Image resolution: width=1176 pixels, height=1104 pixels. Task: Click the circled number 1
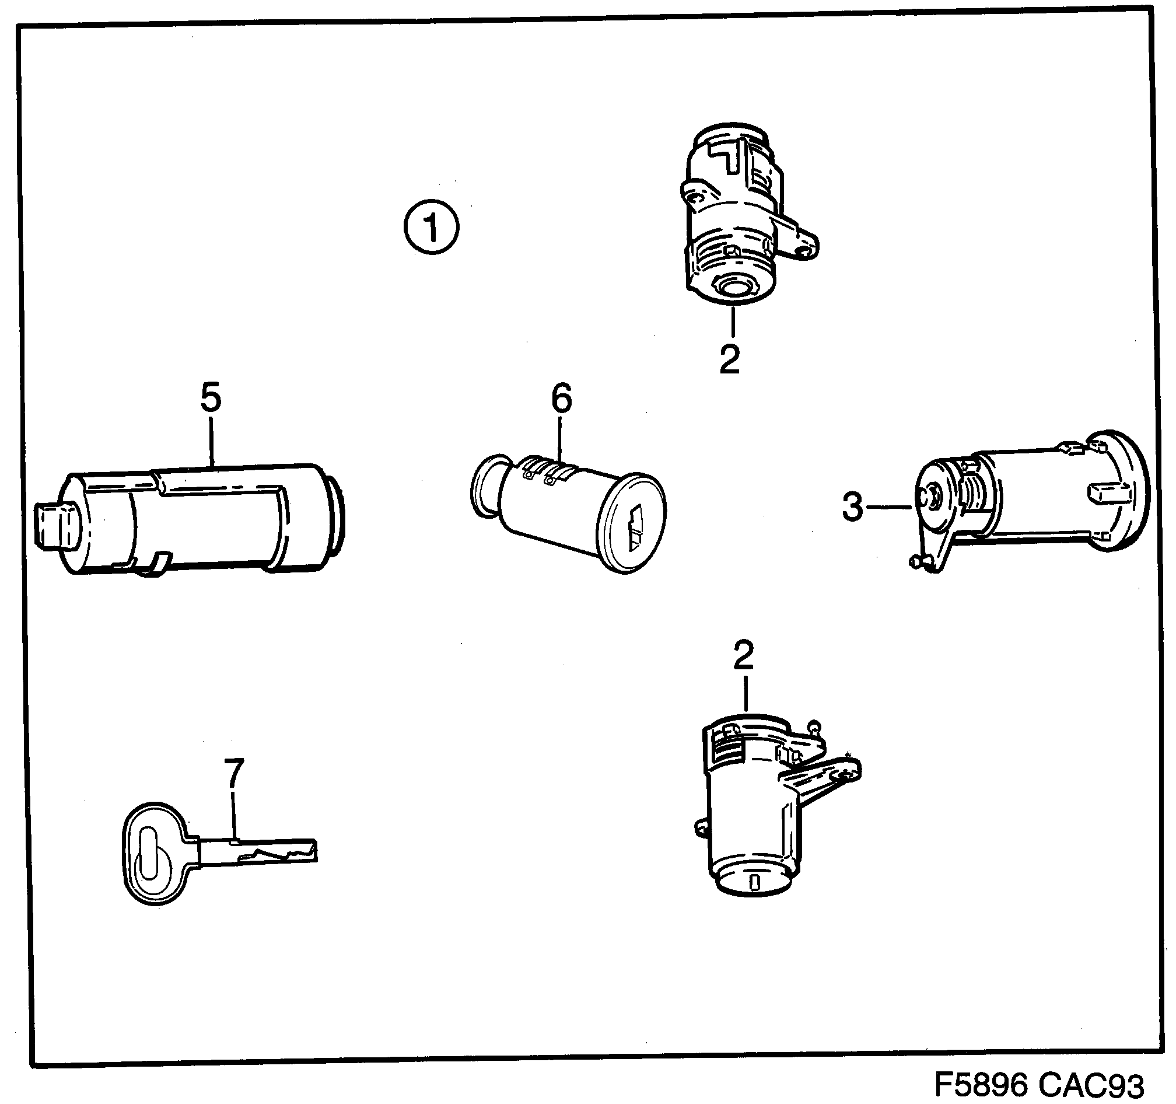pyautogui.click(x=431, y=227)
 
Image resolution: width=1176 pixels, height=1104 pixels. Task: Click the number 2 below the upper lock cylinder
pyautogui.click(x=729, y=358)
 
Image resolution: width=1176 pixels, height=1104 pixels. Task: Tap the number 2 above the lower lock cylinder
pyautogui.click(x=743, y=655)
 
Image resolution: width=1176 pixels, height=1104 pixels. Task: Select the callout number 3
pyautogui.click(x=852, y=508)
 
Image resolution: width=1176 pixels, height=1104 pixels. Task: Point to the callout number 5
pyautogui.click(x=211, y=397)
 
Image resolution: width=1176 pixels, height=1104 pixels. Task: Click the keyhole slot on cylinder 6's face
pyautogui.click(x=634, y=527)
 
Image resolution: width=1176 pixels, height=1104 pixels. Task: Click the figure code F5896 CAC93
pyautogui.click(x=1039, y=1085)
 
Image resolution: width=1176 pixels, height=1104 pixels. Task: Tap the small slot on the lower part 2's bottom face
pyautogui.click(x=754, y=883)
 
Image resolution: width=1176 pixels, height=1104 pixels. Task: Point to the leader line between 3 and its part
pyautogui.click(x=890, y=507)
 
